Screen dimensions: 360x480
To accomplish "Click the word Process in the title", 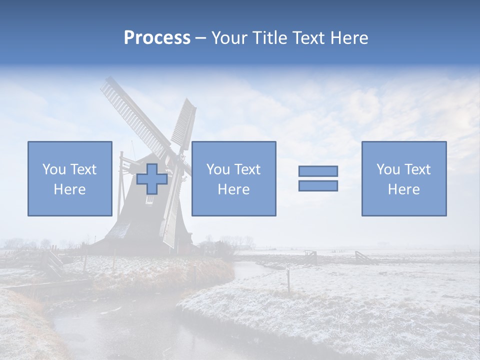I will pos(157,38).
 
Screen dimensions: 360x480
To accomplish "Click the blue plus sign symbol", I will pos(152,179).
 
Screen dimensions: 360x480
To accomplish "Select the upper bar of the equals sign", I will pos(318,171).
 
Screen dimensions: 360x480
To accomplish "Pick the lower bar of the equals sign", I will pos(318,186).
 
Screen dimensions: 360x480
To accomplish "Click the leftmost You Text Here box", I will pos(69,178).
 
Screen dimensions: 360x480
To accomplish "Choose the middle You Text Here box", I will pos(233,178).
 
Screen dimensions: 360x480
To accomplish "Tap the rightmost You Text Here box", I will pos(403,178).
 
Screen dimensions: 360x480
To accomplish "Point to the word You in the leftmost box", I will pos(54,169).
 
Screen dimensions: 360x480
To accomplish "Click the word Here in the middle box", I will pos(233,189).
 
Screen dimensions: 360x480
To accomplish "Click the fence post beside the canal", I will pos(288,281).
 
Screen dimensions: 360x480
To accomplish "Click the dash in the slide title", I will pos(201,38).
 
